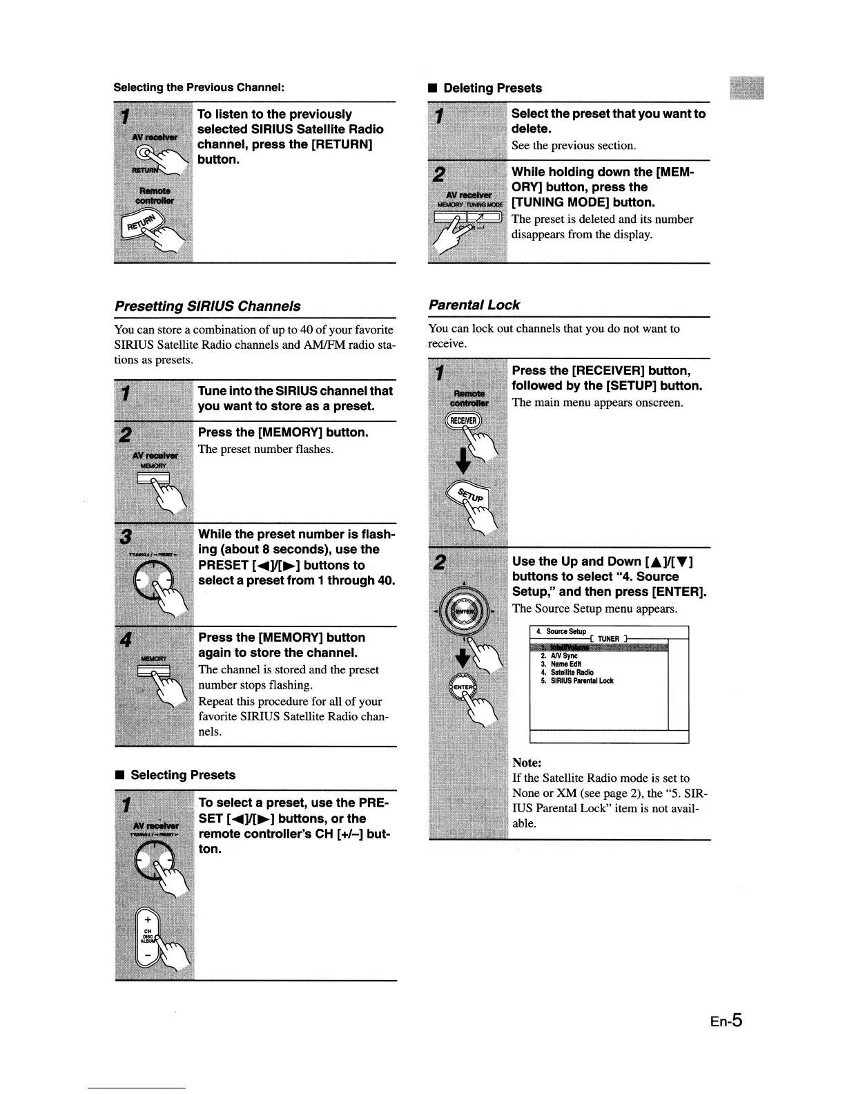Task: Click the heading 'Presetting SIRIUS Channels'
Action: click(x=207, y=306)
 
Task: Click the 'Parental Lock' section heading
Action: click(x=474, y=305)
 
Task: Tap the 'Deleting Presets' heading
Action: click(x=492, y=88)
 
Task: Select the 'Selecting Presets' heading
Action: click(x=182, y=775)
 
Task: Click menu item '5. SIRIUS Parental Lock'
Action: click(x=577, y=681)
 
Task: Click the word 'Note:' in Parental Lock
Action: click(x=527, y=762)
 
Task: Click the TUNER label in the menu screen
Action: click(x=608, y=639)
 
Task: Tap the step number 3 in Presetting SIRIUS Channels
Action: click(x=125, y=537)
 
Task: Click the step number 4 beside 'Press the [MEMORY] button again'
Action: click(x=125, y=640)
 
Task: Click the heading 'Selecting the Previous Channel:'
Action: click(x=199, y=88)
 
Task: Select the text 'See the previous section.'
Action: click(x=573, y=146)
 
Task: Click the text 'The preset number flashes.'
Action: click(x=266, y=450)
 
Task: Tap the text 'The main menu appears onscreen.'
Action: click(x=597, y=403)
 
